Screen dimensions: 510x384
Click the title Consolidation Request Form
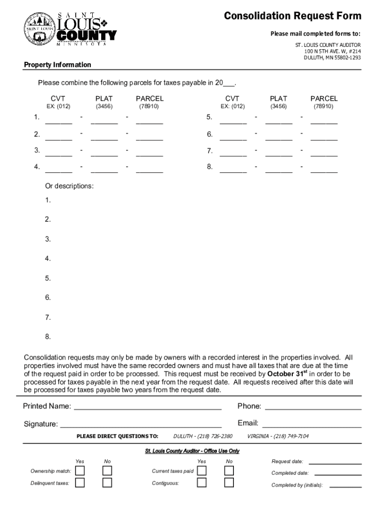[292, 16]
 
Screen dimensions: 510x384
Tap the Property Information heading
[58, 65]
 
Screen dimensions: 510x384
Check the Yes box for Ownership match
[80, 471]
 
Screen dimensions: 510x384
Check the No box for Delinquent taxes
[107, 483]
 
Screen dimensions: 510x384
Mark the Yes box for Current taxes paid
[201, 471]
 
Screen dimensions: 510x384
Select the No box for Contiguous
[229, 483]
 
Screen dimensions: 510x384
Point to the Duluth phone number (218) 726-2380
[202, 436]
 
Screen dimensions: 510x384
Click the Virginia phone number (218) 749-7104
[278, 436]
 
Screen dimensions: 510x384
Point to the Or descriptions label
[69, 186]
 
